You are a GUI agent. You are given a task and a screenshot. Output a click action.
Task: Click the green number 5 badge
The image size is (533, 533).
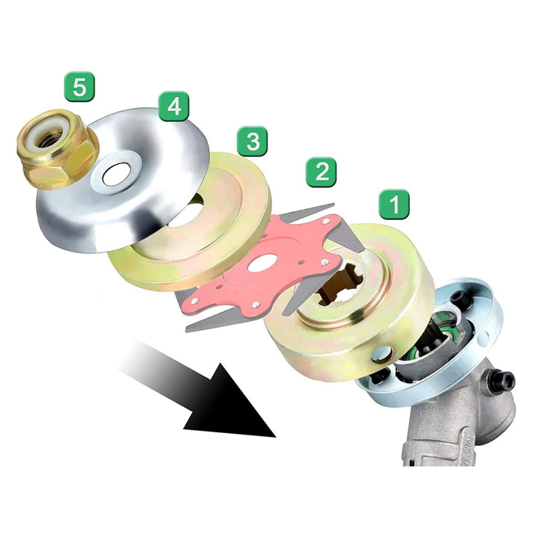click(x=79, y=86)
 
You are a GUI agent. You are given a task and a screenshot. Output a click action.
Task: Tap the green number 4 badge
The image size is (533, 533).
click(x=174, y=107)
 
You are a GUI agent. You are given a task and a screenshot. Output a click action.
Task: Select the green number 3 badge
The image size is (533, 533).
click(x=253, y=141)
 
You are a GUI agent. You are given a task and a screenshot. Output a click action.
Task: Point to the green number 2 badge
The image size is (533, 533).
click(x=321, y=172)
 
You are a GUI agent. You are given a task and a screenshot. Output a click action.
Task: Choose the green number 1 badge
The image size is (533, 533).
click(x=394, y=204)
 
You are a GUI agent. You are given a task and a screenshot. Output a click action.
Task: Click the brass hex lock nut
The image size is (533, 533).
click(x=58, y=149)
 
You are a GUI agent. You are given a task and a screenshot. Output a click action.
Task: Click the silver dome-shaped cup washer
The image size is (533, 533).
click(x=123, y=180)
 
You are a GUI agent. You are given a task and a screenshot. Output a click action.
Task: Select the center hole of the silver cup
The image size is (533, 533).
click(x=117, y=173)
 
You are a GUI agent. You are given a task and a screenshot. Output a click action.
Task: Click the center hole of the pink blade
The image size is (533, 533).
click(x=261, y=263)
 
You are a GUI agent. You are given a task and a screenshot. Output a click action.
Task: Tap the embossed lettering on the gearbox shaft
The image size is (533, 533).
click(x=466, y=448)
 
